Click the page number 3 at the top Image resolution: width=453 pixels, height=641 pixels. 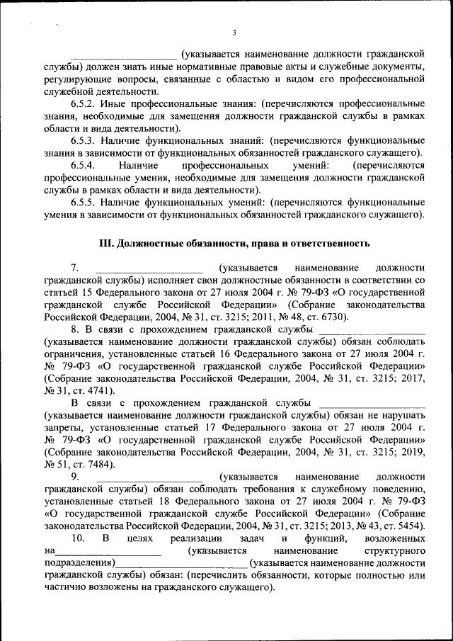233,33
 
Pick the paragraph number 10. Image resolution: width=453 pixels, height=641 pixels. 79,539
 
